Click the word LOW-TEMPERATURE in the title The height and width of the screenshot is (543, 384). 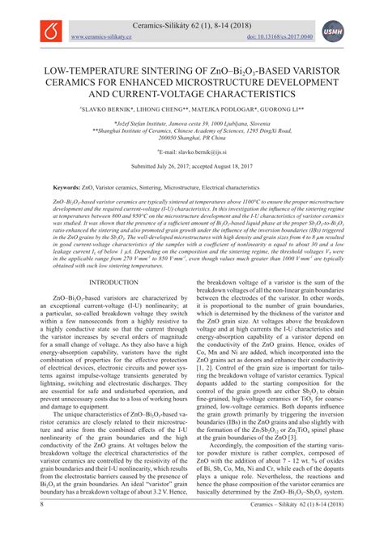[88, 71]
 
